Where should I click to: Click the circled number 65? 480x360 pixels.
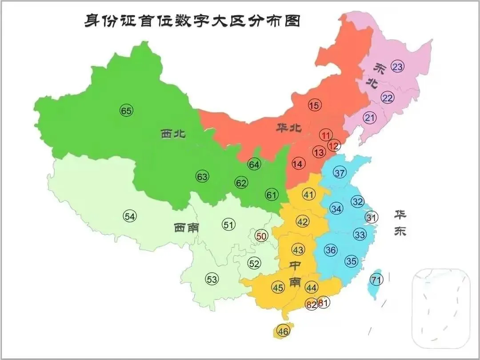(x=126, y=111)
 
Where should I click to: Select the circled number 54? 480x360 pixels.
(x=130, y=216)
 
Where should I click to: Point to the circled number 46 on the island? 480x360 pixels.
(x=283, y=331)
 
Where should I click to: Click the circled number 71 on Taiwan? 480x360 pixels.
(x=376, y=280)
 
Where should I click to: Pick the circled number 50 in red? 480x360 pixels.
(x=261, y=236)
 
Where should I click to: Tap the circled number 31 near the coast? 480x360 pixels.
(x=371, y=217)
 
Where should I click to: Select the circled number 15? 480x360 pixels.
(x=314, y=105)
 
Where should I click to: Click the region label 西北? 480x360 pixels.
(x=173, y=134)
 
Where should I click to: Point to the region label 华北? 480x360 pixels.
(x=288, y=128)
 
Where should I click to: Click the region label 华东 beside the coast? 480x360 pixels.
(x=400, y=222)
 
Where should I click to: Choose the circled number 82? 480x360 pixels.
(x=312, y=304)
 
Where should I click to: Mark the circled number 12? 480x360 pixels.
(x=334, y=145)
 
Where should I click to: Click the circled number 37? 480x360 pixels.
(x=340, y=173)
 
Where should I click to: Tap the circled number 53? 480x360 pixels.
(x=212, y=279)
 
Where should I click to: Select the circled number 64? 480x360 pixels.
(x=254, y=165)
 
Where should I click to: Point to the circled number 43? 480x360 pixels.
(x=298, y=249)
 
